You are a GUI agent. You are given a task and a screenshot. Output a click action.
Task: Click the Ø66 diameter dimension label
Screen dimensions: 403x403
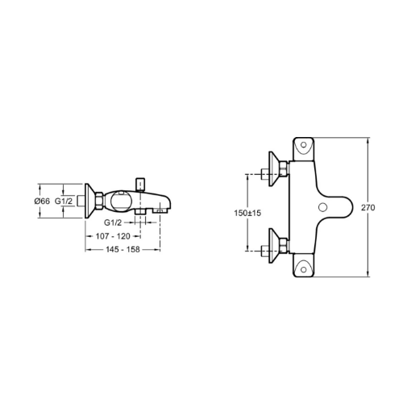(42, 201)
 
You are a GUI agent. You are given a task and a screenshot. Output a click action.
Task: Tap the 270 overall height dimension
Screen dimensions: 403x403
(368, 207)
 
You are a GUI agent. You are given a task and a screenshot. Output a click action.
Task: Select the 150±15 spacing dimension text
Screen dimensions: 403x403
(247, 213)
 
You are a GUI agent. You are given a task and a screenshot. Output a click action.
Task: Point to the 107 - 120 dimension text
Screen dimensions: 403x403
(113, 236)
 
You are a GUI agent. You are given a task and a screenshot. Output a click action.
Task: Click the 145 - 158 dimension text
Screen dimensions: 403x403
(123, 250)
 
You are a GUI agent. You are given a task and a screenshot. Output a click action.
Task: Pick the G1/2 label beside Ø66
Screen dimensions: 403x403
(64, 201)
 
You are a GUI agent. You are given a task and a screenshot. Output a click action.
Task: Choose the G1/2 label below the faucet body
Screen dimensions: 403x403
(113, 222)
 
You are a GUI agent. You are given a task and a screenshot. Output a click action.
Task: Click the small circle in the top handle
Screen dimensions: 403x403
(304, 145)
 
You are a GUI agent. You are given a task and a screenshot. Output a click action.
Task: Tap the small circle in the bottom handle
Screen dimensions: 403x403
(304, 269)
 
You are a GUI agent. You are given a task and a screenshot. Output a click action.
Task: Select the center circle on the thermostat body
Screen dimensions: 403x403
(322, 207)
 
